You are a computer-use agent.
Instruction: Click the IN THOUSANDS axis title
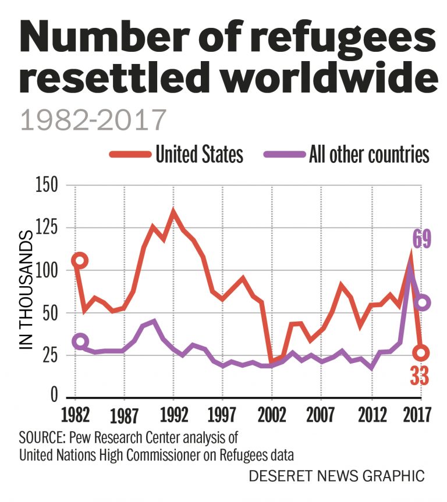pos(27,290)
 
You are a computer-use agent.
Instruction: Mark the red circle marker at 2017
pos(422,353)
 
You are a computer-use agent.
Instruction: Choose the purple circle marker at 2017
pos(423,302)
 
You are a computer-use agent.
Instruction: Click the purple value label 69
pos(422,240)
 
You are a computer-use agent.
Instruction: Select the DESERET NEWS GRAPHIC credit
pos(336,475)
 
